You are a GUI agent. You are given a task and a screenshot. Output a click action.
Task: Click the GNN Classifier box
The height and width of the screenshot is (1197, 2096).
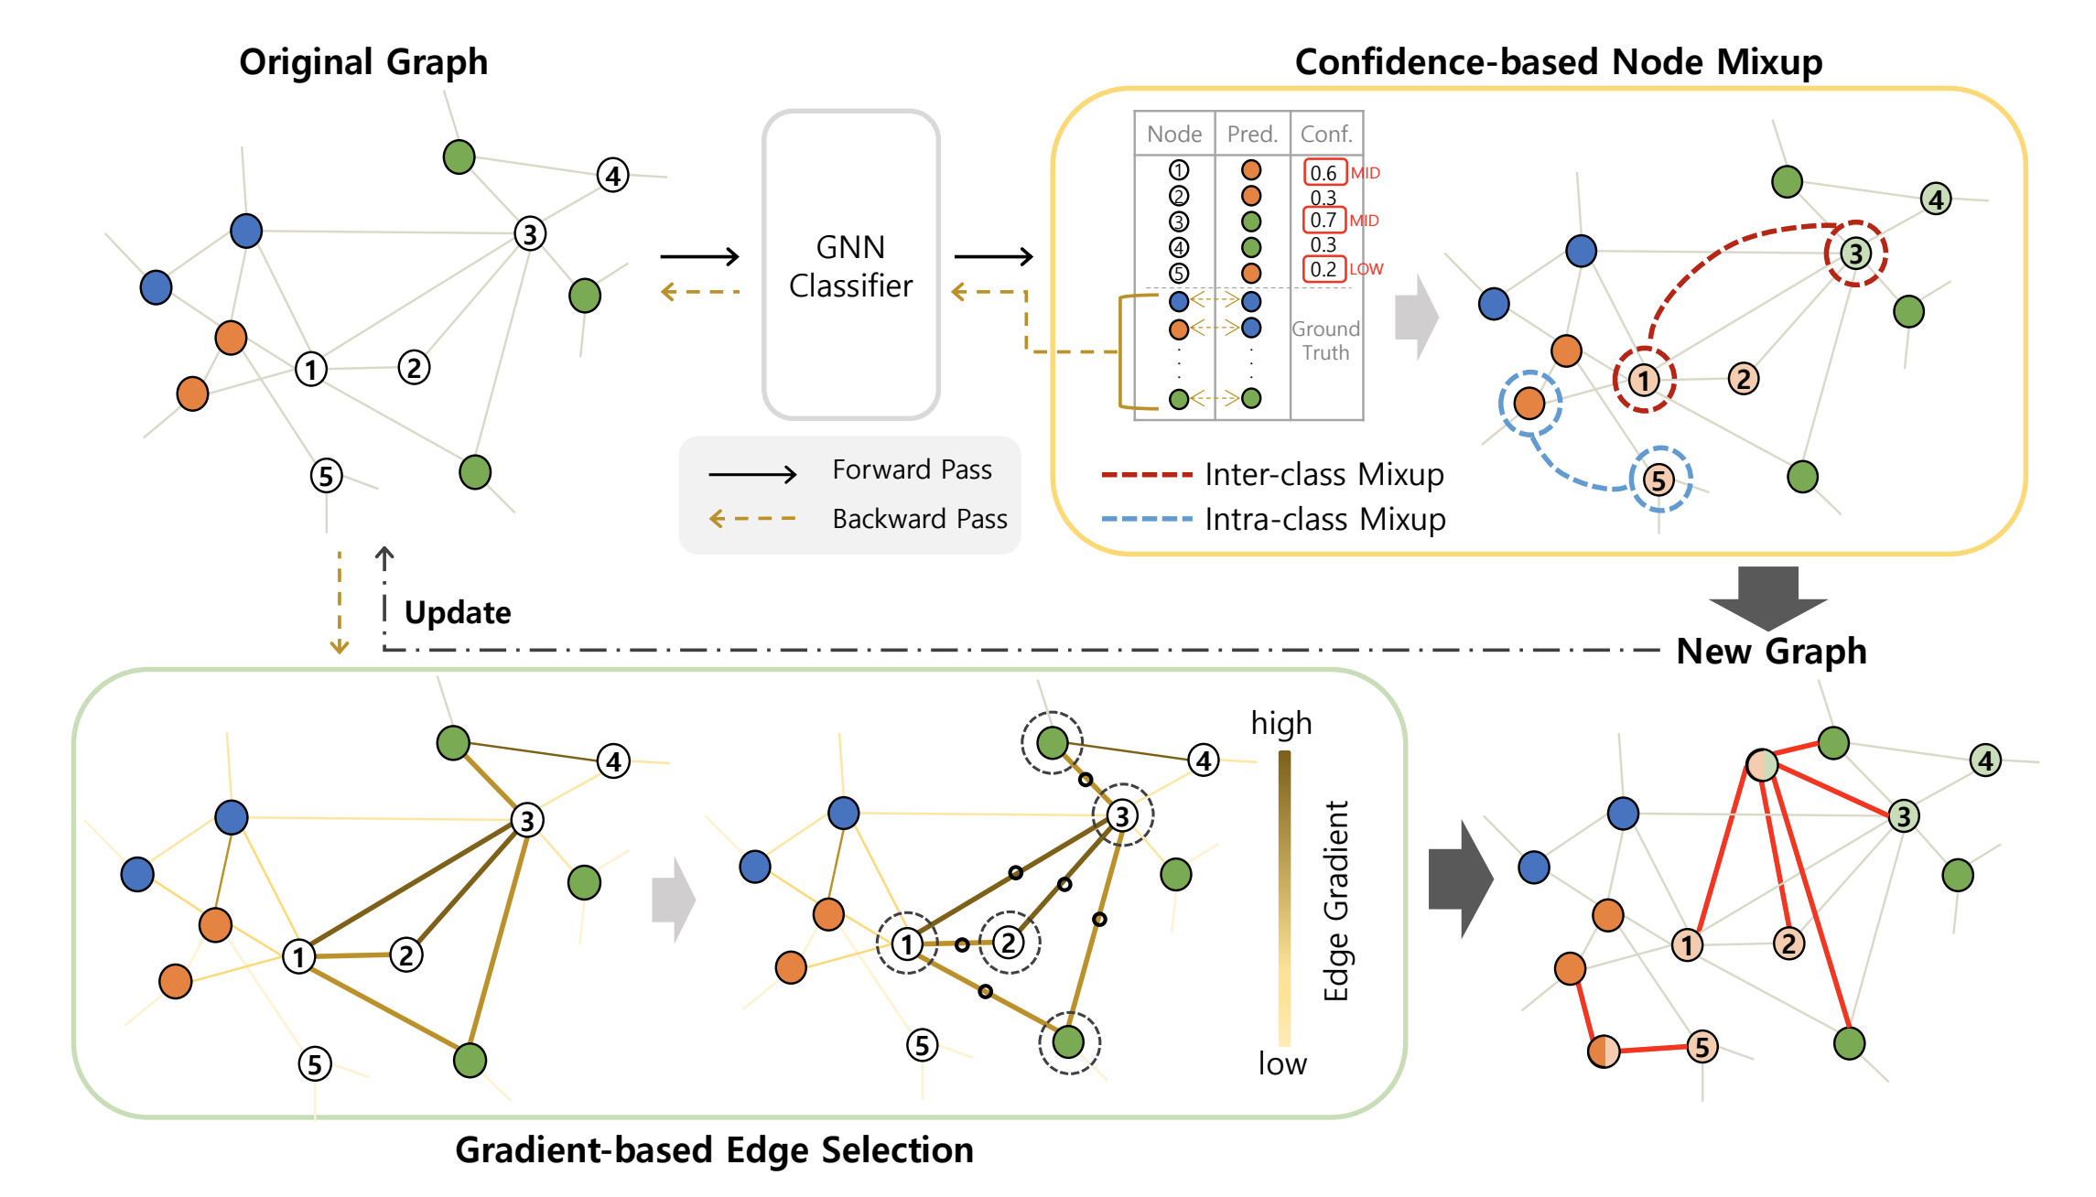pos(851,265)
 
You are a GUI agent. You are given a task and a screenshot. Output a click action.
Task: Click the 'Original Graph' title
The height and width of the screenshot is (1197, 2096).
pos(363,62)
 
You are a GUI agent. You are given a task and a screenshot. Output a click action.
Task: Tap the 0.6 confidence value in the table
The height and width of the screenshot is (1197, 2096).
pos(1324,173)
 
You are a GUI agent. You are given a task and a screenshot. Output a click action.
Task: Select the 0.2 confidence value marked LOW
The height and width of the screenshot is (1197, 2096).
pos(1324,269)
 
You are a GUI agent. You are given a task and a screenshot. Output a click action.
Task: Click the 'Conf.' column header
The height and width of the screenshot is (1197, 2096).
pos(1325,135)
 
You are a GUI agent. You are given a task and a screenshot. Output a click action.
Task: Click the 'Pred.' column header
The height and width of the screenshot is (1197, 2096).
pos(1251,135)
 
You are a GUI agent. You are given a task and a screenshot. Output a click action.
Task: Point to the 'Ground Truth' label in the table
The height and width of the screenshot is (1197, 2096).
pos(1325,340)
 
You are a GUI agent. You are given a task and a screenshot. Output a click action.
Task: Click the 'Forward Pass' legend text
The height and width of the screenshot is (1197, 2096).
pos(912,469)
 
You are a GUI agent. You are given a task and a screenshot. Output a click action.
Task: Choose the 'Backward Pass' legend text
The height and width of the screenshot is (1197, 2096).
pos(919,519)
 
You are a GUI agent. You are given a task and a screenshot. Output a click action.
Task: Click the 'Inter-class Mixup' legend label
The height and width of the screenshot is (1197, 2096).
pos(1324,475)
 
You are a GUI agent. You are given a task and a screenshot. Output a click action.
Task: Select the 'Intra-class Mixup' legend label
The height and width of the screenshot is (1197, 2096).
pos(1324,520)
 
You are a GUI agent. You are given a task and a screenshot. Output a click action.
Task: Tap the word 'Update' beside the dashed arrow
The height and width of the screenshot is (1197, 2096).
pos(458,612)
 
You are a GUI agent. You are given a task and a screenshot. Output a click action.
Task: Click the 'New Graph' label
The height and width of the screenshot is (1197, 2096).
pos(1770,651)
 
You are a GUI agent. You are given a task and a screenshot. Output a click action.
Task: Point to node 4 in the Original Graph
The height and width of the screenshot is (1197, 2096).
pos(613,175)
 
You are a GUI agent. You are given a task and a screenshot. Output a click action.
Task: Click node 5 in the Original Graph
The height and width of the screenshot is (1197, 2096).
pos(326,476)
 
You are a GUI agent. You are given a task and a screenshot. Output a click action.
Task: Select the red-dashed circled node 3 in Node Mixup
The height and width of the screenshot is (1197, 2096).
pos(1855,253)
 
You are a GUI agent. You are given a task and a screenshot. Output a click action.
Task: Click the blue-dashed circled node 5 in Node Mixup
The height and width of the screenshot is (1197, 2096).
pos(1659,480)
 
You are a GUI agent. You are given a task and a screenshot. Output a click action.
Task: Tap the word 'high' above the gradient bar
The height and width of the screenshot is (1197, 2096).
pos(1280,723)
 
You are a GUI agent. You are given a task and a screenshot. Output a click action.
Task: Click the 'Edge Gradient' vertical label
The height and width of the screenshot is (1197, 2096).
pos(1336,900)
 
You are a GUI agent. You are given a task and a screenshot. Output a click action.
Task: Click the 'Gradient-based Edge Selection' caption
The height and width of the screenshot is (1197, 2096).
pos(714,1150)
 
